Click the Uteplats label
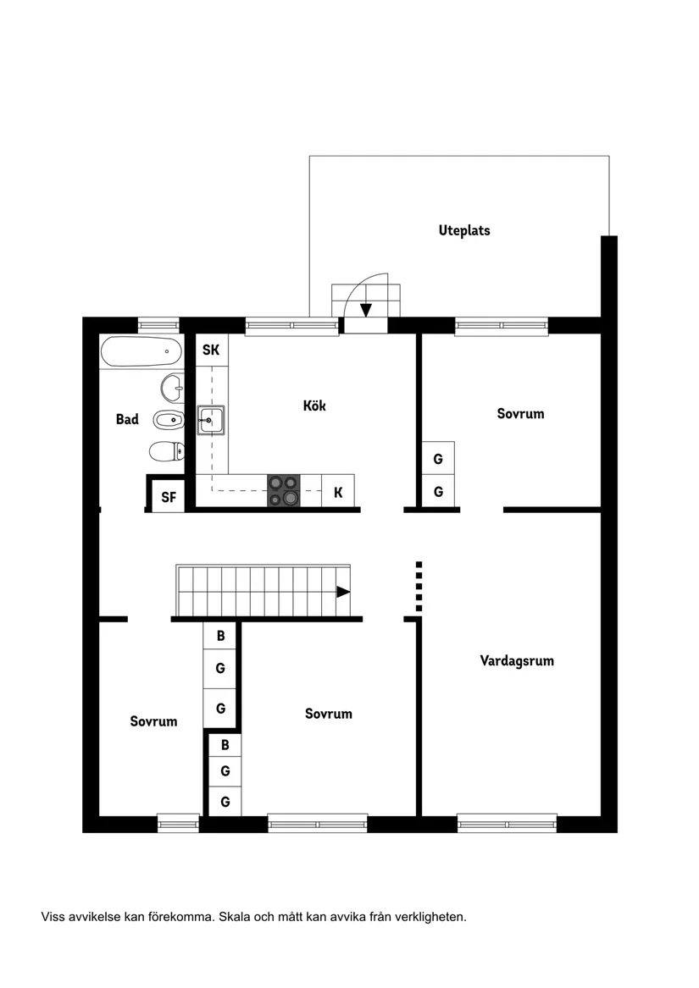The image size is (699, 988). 464,229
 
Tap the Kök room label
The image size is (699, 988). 314,406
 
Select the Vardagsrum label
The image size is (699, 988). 517,660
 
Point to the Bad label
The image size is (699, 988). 127,419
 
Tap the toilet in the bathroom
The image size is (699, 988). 165,450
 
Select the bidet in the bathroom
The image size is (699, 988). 168,418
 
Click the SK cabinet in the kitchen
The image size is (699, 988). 211,349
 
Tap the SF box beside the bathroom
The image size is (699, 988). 169,496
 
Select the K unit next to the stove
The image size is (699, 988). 338,491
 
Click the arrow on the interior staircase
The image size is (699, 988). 343,592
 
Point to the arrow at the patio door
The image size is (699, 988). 366,310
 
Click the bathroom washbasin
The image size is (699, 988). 172,388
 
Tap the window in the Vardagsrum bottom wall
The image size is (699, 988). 507,822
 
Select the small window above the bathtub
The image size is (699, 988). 158,323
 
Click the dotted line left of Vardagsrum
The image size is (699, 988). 419,586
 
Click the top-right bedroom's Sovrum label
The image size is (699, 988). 520,413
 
